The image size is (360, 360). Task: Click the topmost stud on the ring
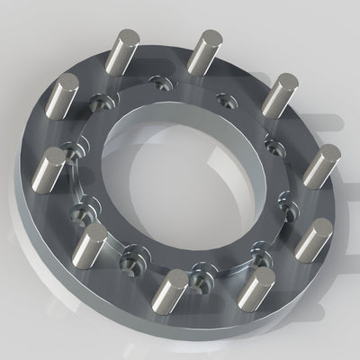coord(206,54)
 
